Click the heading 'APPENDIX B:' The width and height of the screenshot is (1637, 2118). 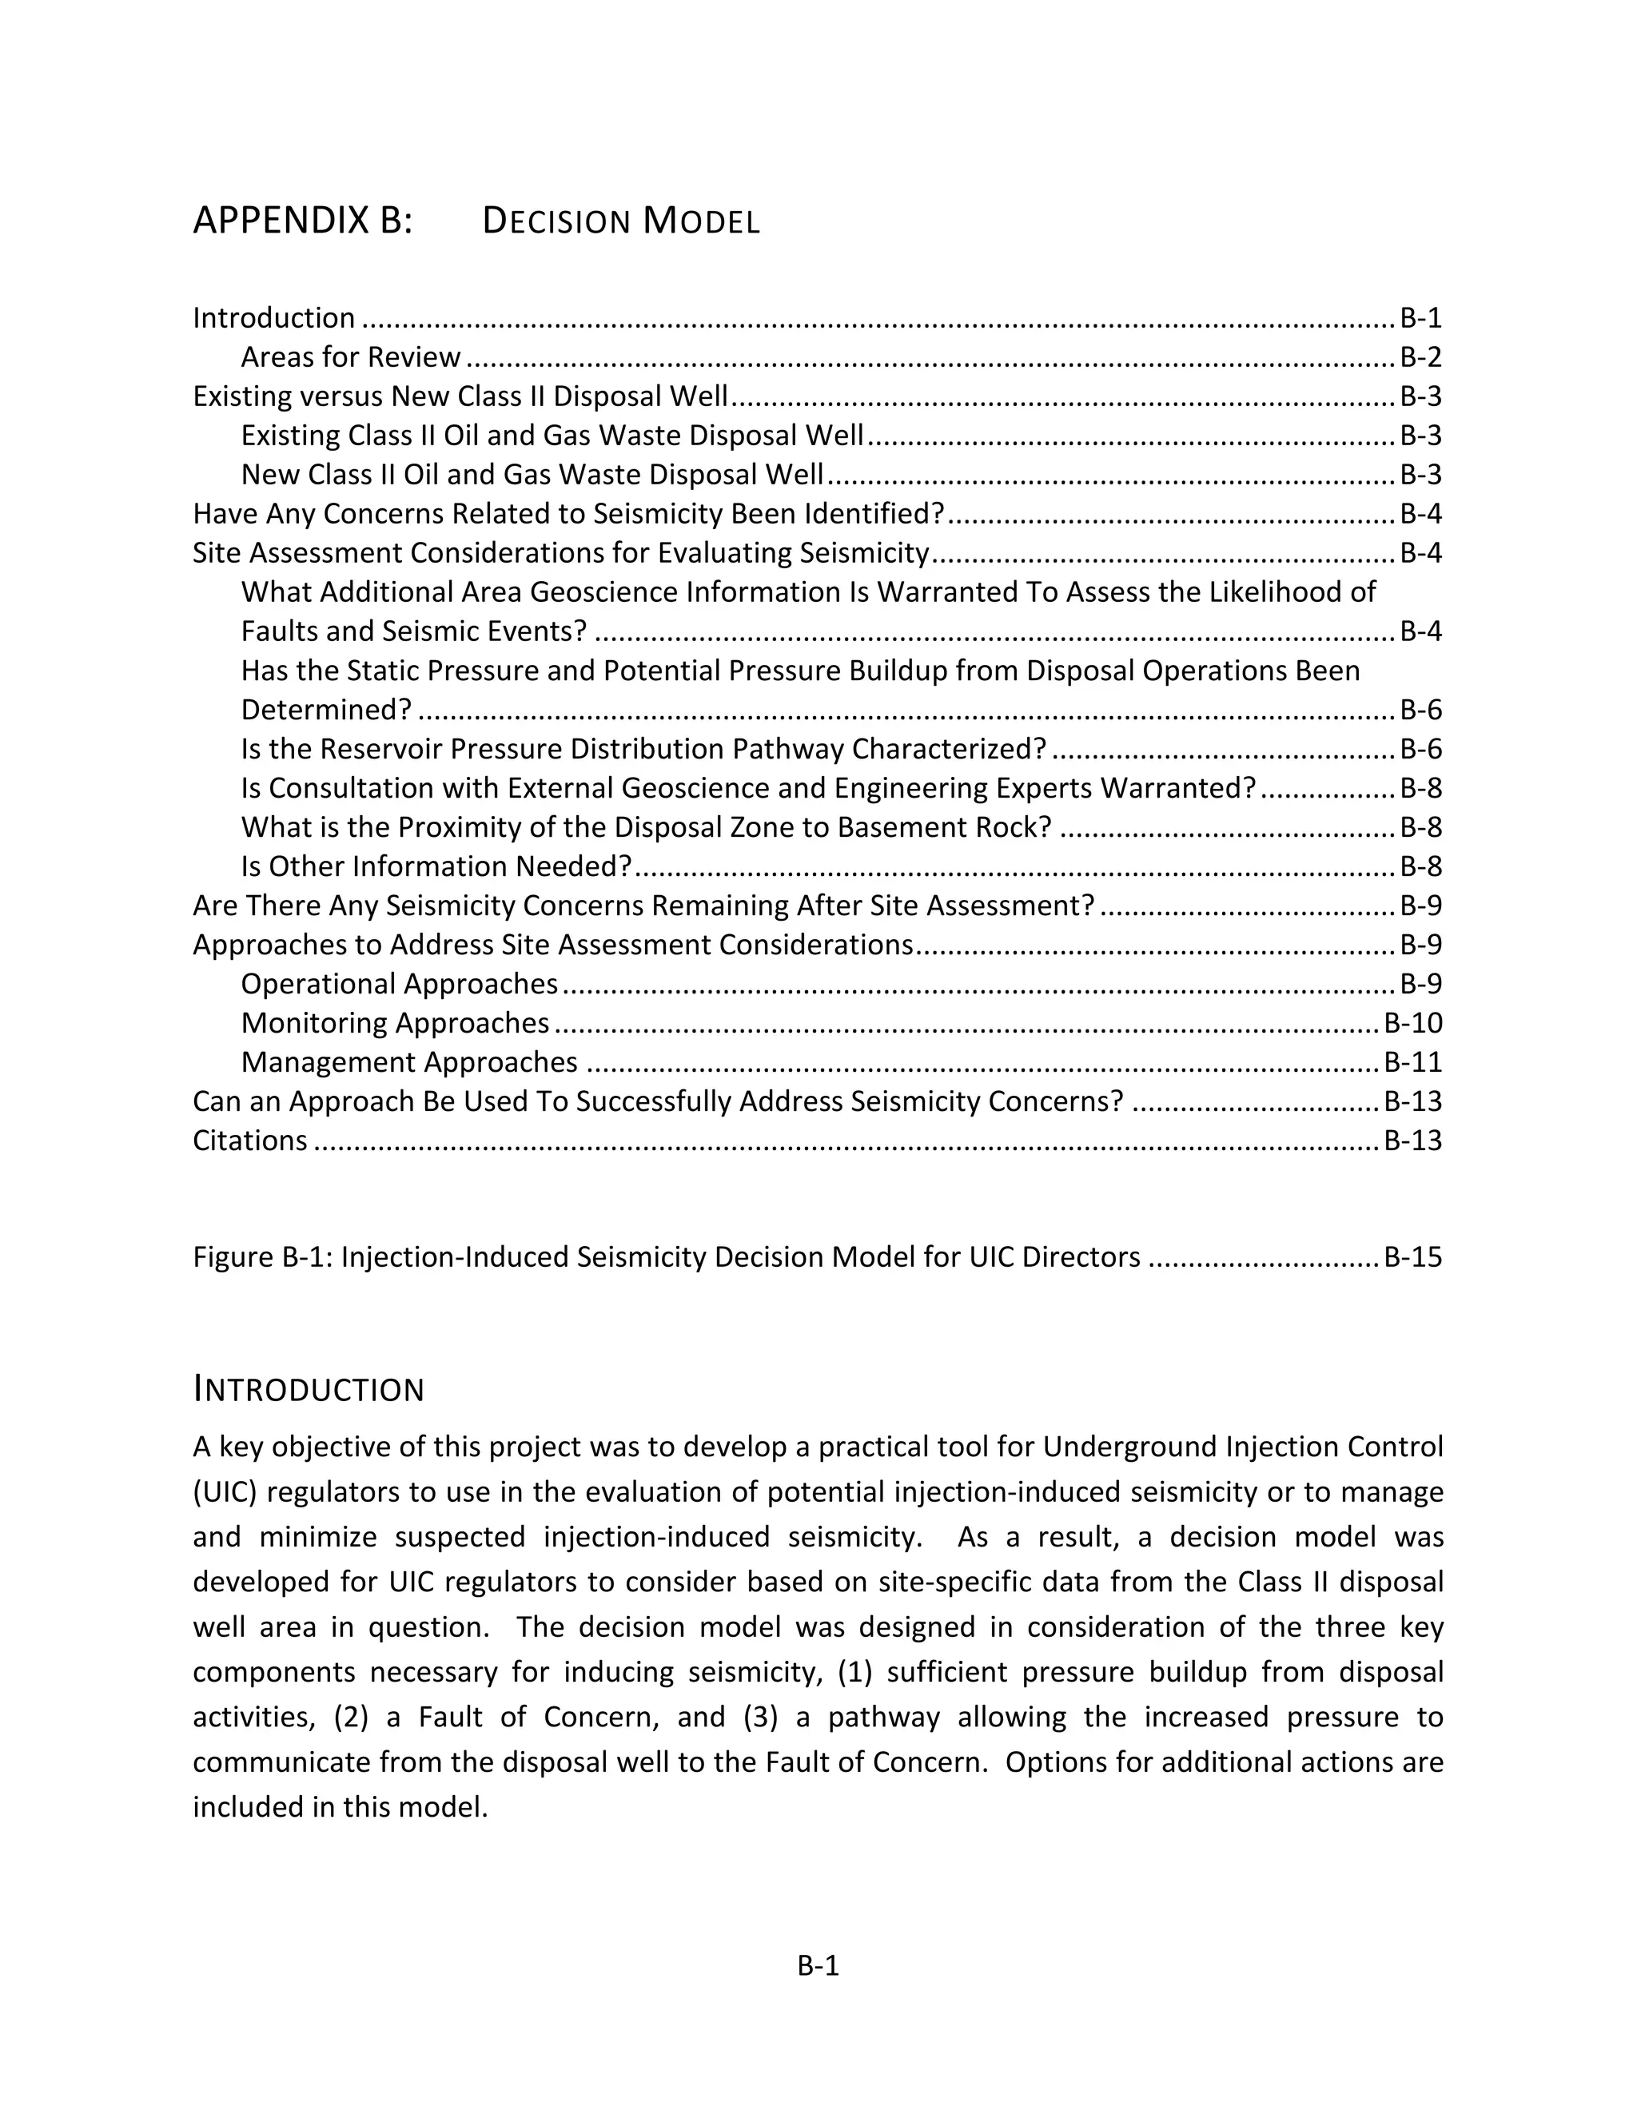coord(303,221)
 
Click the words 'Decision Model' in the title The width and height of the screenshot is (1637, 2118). coord(620,222)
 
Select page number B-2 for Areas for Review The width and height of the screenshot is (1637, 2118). coord(1420,358)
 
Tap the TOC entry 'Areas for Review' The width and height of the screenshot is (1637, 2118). coord(350,358)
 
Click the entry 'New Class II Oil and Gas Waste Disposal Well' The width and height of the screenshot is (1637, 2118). coord(532,476)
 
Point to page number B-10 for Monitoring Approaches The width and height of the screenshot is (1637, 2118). coord(1412,1023)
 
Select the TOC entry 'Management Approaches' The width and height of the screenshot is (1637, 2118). coord(409,1063)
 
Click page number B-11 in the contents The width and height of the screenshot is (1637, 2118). coord(1412,1063)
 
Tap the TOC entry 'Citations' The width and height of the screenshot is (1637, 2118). coord(250,1141)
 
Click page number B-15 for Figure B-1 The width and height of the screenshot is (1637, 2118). coord(1412,1258)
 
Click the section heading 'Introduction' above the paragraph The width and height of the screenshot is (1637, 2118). coord(309,1390)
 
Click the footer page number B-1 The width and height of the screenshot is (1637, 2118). coord(818,1966)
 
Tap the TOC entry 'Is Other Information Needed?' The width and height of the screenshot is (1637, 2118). coord(436,866)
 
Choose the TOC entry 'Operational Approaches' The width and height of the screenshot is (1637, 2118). coord(399,985)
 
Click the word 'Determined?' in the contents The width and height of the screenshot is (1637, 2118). coord(326,710)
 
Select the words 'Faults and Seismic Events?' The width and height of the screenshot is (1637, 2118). coord(413,631)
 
